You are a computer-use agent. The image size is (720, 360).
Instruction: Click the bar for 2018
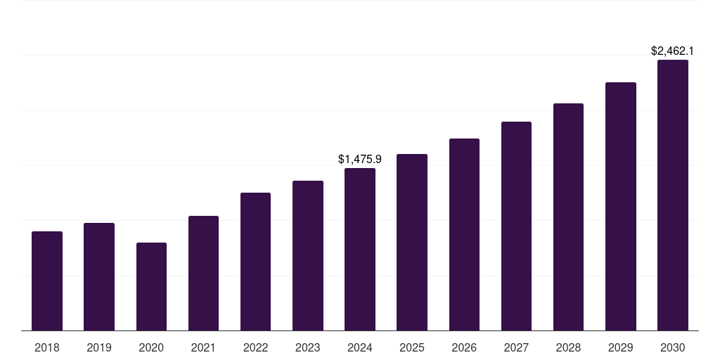47,281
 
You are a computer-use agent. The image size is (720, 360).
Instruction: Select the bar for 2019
99,276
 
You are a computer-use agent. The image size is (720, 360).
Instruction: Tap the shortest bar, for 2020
151,286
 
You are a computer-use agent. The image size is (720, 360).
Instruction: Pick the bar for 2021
203,273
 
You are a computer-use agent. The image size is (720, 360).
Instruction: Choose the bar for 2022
255,262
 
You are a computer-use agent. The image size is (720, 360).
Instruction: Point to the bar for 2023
308,255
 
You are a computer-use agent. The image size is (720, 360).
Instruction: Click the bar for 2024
360,249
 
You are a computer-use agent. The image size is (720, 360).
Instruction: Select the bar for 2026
464,234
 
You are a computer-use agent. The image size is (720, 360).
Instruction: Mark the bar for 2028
568,217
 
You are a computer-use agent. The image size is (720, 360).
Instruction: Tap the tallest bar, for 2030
673,195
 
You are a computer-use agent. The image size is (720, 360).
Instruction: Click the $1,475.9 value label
360,160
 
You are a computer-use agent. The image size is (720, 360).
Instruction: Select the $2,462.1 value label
673,51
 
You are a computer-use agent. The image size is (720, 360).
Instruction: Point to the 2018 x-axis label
47,347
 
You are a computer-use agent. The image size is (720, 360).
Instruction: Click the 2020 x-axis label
151,347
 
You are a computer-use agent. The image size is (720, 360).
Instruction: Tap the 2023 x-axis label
308,347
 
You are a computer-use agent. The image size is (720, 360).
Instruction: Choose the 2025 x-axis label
412,347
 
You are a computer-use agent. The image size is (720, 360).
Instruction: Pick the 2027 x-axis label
516,347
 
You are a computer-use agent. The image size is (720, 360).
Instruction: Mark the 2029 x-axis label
621,347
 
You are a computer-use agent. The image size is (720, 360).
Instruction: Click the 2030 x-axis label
673,347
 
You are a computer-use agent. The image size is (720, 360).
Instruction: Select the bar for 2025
412,242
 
